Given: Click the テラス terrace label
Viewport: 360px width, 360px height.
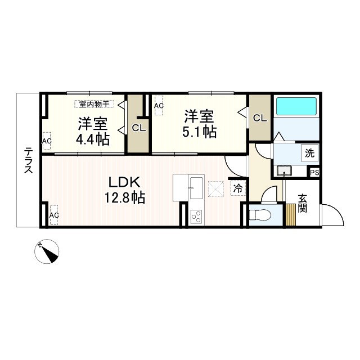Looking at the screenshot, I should pyautogui.click(x=28, y=160).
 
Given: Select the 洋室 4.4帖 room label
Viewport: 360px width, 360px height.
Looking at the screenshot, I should pyautogui.click(x=93, y=131).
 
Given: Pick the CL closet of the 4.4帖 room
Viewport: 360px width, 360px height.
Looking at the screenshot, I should pyautogui.click(x=138, y=128).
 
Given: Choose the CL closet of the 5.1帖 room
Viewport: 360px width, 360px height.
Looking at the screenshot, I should pyautogui.click(x=259, y=118).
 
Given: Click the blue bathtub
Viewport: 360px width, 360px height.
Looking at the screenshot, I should pyautogui.click(x=296, y=106).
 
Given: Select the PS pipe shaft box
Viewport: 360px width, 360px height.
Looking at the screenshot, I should pyautogui.click(x=314, y=173).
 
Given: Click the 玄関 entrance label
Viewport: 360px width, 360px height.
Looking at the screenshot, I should pyautogui.click(x=303, y=203).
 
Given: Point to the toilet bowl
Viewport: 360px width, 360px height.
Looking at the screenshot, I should pyautogui.click(x=259, y=214).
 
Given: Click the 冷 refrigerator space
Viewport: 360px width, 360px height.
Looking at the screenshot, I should pyautogui.click(x=238, y=188).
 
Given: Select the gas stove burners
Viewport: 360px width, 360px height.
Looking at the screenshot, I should pyautogui.click(x=196, y=216).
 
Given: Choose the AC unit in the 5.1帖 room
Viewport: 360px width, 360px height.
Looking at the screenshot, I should pyautogui.click(x=159, y=105).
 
